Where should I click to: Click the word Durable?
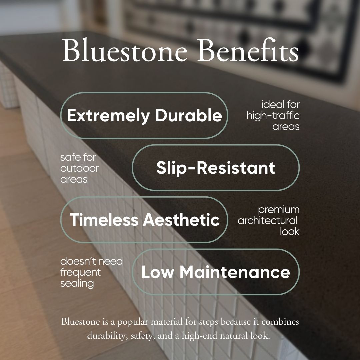[x=189, y=115]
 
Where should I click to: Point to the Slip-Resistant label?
[x=216, y=168]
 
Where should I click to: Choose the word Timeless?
[x=104, y=219]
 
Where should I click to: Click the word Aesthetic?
[x=181, y=219]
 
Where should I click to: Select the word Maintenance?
[x=235, y=272]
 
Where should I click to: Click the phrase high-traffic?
[x=273, y=115]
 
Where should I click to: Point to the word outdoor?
[x=79, y=168]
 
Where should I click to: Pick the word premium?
[x=278, y=210]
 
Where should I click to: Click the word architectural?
[x=267, y=221]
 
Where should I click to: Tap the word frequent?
[x=80, y=273]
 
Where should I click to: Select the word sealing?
[x=77, y=284]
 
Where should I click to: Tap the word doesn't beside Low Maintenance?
[x=75, y=261]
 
